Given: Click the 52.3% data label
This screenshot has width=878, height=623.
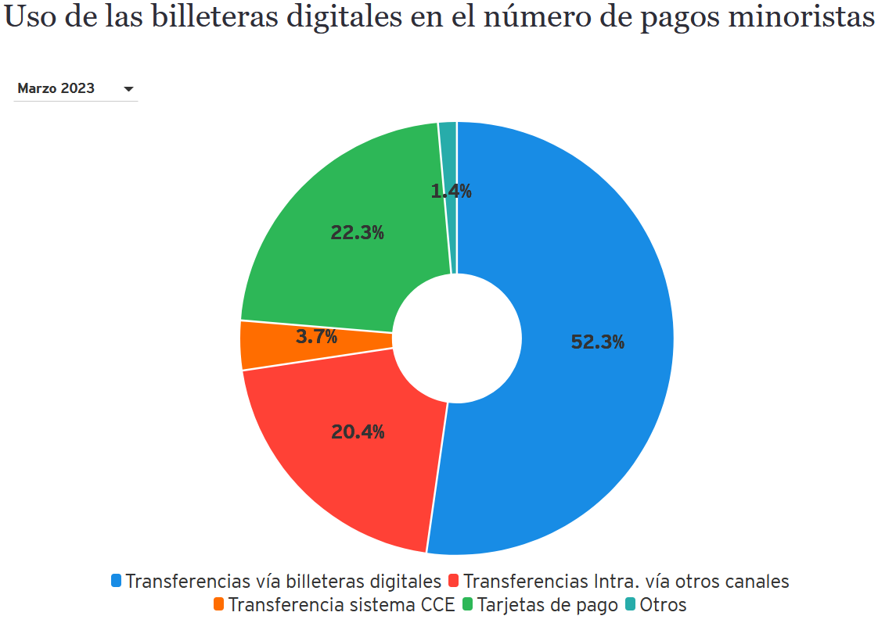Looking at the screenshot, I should tap(598, 342).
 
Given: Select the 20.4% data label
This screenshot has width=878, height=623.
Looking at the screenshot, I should tap(358, 431).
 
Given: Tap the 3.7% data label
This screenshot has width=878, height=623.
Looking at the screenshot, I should tap(316, 337).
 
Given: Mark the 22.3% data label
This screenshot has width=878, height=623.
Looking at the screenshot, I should tap(357, 232).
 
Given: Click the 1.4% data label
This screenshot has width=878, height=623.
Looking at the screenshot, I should tap(452, 191).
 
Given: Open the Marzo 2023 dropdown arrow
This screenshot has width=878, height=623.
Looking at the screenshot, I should tap(129, 89).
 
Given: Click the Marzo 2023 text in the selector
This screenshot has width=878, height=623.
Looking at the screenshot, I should tap(56, 88).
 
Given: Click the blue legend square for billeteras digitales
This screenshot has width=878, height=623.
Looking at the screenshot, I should tap(117, 581).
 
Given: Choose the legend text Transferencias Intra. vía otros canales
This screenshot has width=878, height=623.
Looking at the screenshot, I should tap(626, 582).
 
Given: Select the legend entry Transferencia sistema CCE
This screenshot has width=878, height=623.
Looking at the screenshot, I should tap(341, 605).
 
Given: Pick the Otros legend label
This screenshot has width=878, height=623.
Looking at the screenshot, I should tap(663, 605).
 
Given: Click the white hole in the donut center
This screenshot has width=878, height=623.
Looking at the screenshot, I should tap(457, 338).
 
